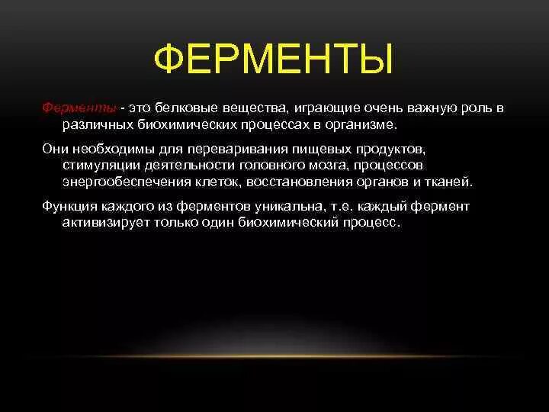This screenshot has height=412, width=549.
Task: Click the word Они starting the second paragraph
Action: point(55,147)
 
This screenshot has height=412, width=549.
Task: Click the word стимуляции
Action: point(98,165)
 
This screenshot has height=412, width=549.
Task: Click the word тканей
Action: point(450,182)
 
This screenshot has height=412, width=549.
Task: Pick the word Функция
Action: point(69,207)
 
